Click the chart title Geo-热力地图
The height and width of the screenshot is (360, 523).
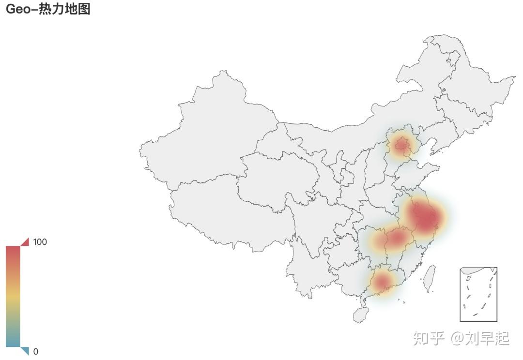click(x=48, y=9)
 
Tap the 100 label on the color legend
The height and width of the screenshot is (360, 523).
click(x=40, y=242)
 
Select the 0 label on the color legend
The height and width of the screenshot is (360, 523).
click(x=35, y=352)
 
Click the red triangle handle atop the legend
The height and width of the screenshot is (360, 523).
click(x=26, y=241)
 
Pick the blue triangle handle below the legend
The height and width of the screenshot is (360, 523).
click(x=25, y=351)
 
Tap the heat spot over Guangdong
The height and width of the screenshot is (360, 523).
click(x=382, y=282)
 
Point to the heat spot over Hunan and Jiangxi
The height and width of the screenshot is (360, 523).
click(x=395, y=238)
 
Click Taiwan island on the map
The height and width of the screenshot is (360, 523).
click(x=429, y=278)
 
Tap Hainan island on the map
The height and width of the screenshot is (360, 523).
click(x=360, y=315)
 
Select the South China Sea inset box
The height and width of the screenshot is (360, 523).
click(x=478, y=294)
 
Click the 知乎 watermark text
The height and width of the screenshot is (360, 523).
click(x=428, y=338)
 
